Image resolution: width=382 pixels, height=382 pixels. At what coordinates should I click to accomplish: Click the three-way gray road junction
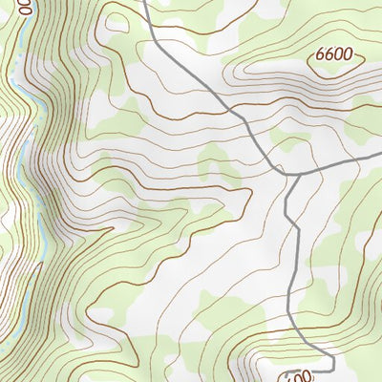click(287, 174)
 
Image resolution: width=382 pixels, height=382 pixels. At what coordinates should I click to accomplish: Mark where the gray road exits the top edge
click(144, 2)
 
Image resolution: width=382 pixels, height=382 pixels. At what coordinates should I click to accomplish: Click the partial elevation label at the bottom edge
click(299, 375)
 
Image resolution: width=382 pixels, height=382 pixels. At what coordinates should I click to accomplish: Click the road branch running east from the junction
click(334, 166)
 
